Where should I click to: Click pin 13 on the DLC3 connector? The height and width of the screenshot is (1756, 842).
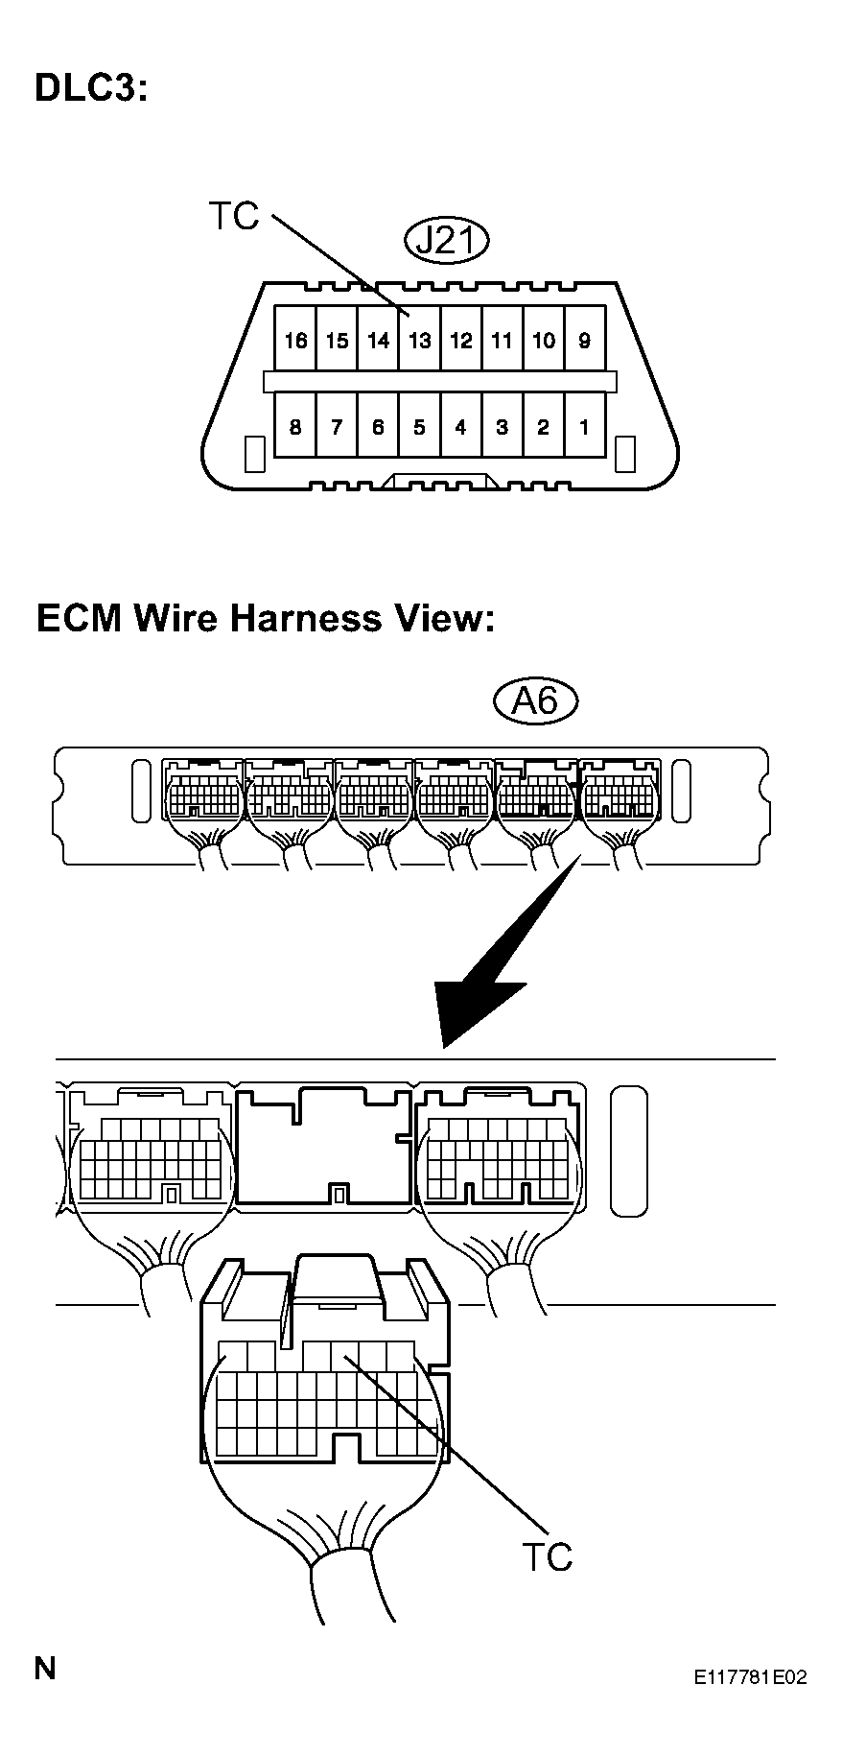[x=419, y=339]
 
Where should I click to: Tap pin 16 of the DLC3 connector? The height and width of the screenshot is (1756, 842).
[x=295, y=339]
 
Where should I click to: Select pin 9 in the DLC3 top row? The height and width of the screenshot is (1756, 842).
[x=585, y=339]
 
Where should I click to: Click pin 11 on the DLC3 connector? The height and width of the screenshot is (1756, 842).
[x=503, y=339]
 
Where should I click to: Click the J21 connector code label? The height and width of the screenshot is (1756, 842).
[x=447, y=240]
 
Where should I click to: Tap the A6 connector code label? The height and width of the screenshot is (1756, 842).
[x=536, y=701]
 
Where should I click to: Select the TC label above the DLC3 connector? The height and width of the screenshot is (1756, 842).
[x=234, y=217]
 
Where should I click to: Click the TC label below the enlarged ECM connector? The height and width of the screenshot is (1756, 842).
[x=547, y=1556]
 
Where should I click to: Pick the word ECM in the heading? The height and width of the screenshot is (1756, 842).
[x=80, y=617]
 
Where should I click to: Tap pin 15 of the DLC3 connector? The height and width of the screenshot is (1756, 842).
[x=337, y=339]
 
